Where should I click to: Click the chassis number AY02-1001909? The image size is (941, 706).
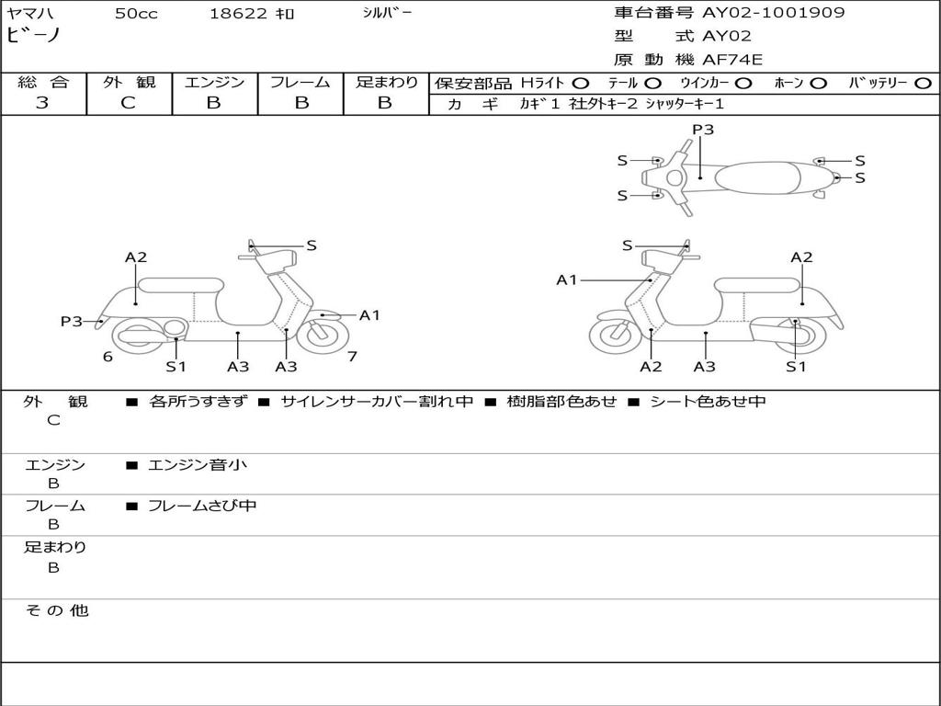774,13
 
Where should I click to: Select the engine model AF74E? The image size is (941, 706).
732,60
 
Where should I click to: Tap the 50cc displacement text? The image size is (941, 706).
136,14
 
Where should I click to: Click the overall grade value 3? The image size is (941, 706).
42,102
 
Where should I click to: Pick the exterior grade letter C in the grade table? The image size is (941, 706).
128,103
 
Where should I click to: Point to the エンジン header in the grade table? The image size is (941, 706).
214,82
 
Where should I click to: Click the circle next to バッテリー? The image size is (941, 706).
923,84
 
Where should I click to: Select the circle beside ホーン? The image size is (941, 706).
818,84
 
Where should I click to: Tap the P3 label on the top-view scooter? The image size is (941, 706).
703,129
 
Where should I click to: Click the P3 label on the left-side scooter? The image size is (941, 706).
72,321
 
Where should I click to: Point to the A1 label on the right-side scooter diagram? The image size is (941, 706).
566,279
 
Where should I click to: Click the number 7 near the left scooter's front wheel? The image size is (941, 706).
352,357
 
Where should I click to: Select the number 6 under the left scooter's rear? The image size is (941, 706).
108,357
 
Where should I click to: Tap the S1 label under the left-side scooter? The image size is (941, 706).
176,366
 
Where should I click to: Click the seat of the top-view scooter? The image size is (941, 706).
757,178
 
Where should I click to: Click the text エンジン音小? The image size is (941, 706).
198,464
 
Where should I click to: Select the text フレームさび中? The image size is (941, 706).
202,506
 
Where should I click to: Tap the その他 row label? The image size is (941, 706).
57,610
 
